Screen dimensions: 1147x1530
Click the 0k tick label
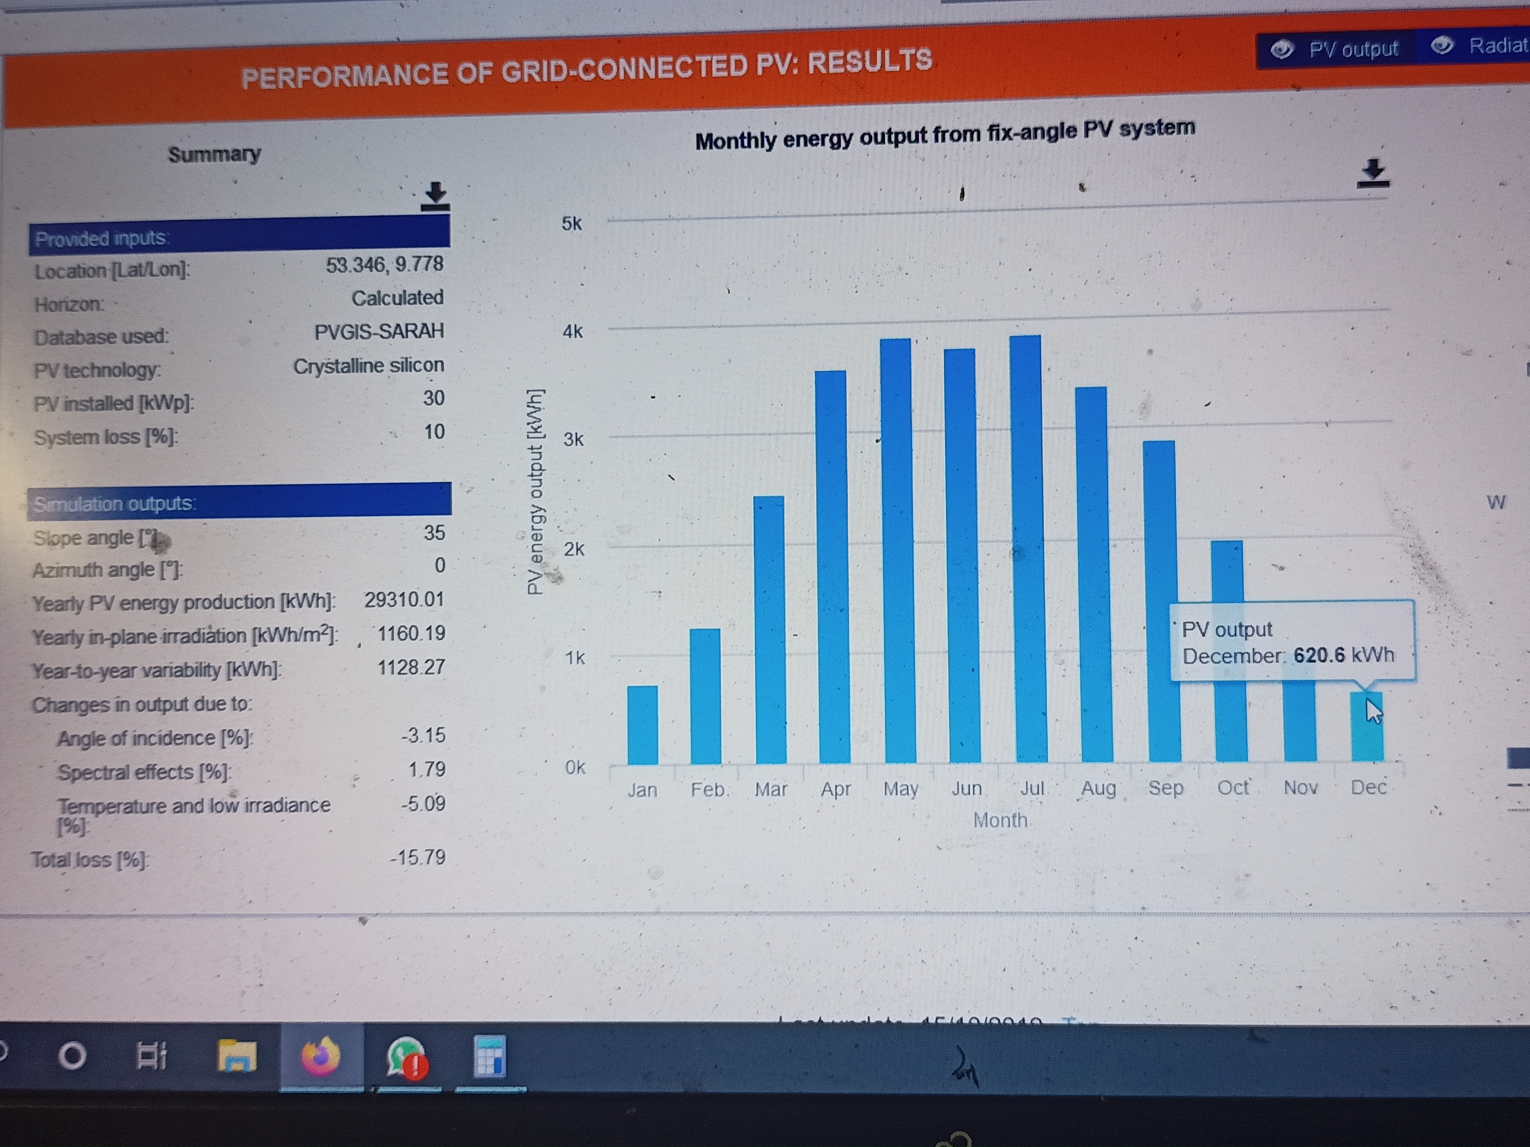(575, 767)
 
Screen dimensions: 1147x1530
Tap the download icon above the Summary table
(435, 197)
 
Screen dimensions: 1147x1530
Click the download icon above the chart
(1373, 173)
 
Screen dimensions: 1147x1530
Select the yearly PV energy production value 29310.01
(404, 599)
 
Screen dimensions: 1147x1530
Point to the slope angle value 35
(435, 532)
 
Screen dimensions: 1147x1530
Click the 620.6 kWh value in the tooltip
(1343, 655)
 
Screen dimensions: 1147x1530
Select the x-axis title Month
(1000, 820)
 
